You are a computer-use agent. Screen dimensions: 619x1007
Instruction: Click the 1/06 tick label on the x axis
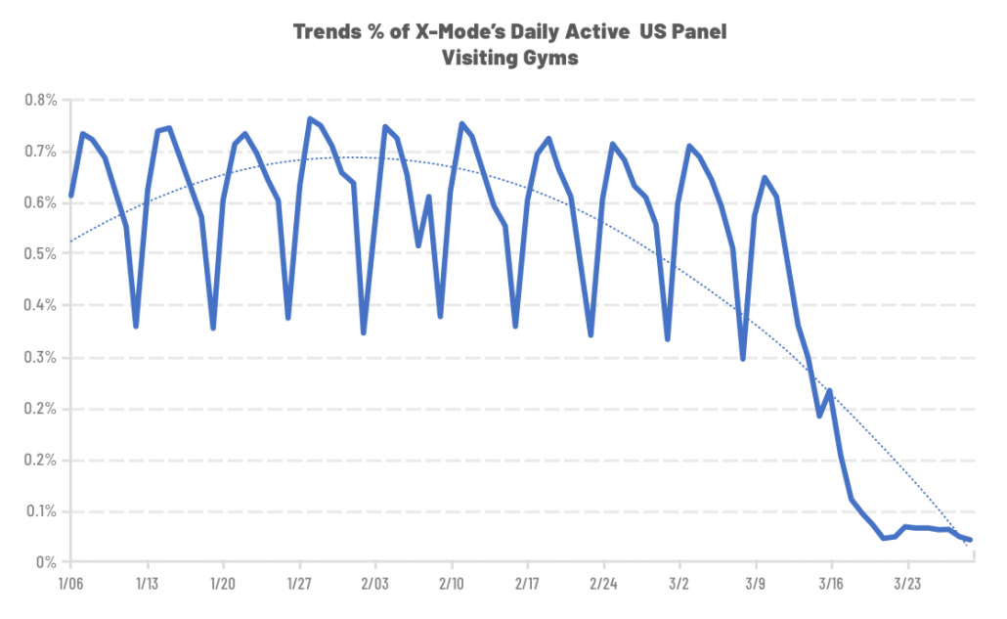pyautogui.click(x=70, y=582)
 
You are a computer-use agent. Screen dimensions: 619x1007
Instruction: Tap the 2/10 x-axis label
pyautogui.click(x=451, y=582)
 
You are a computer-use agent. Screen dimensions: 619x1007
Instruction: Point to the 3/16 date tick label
pyautogui.click(x=831, y=582)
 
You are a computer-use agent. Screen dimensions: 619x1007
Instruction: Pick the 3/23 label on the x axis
pyautogui.click(x=907, y=582)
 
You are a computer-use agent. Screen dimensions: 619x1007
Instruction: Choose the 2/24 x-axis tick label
pyautogui.click(x=603, y=582)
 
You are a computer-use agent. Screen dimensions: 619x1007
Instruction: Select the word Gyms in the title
pyautogui.click(x=550, y=58)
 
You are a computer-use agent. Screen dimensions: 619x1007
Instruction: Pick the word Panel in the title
pyautogui.click(x=698, y=32)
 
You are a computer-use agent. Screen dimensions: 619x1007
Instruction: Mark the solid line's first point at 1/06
pyautogui.click(x=70, y=196)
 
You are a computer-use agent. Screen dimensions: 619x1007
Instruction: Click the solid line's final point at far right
pyautogui.click(x=969, y=540)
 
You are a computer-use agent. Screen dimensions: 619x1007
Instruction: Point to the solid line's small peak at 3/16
pyautogui.click(x=830, y=391)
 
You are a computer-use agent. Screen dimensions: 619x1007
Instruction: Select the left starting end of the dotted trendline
pyautogui.click(x=70, y=241)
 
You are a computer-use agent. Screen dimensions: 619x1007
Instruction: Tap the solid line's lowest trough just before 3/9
pyautogui.click(x=743, y=359)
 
